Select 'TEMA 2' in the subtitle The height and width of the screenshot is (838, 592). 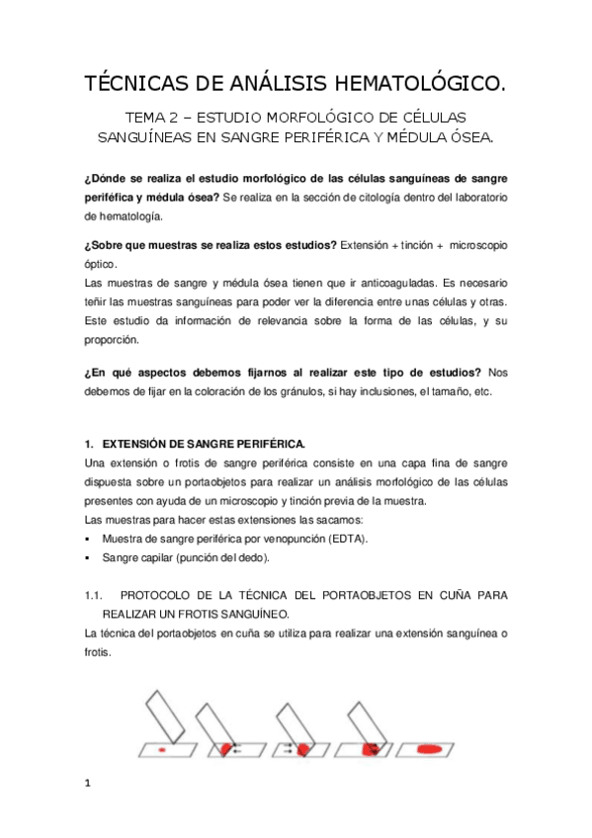(x=147, y=117)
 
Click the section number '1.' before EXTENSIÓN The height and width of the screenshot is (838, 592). (x=88, y=445)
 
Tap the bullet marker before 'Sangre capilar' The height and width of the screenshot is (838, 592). (x=88, y=557)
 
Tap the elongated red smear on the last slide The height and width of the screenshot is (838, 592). (x=431, y=750)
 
